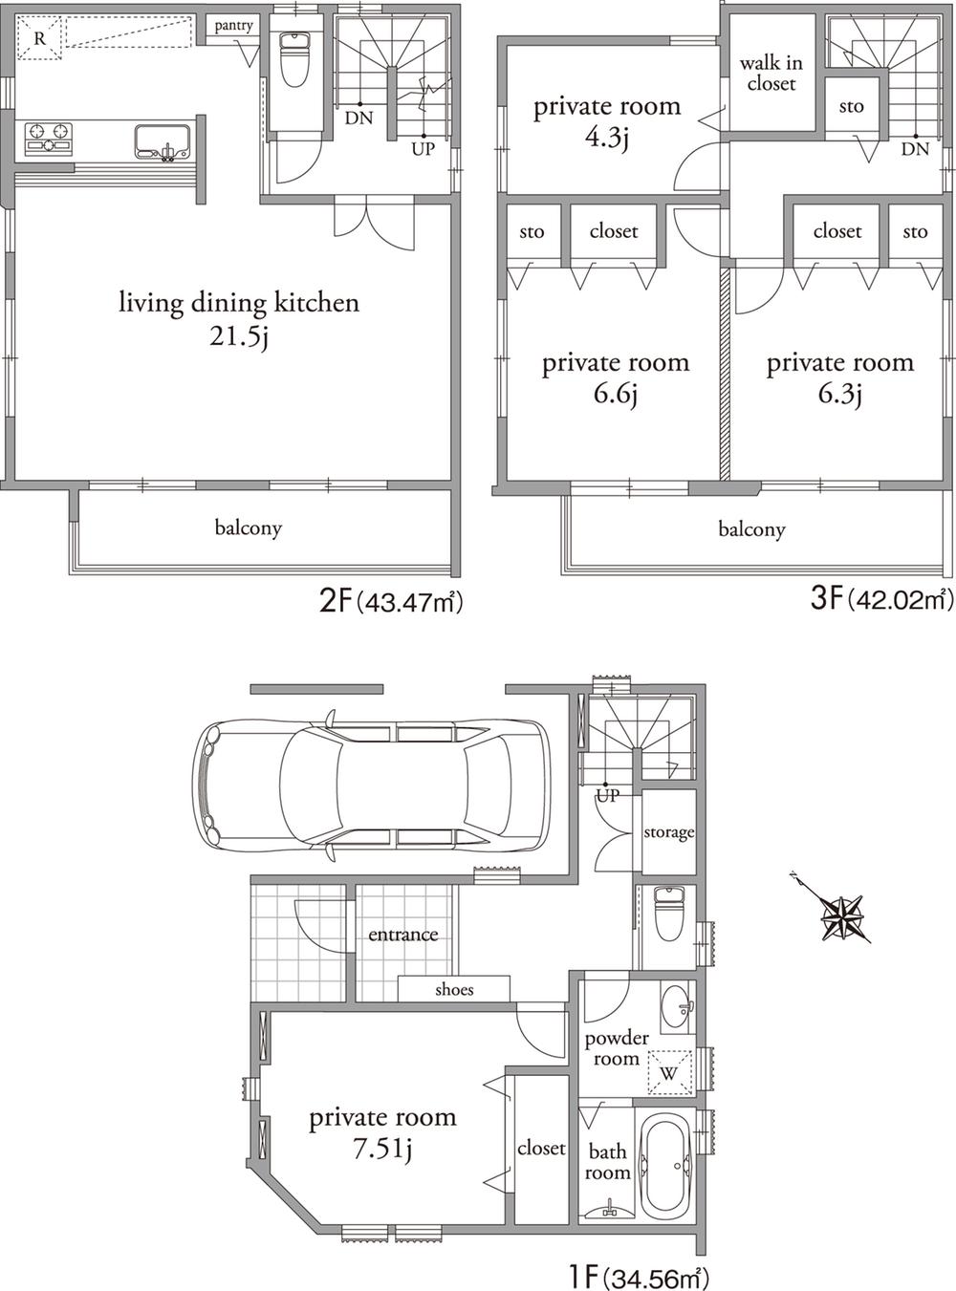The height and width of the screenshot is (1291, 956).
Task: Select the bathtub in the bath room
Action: coord(665,1165)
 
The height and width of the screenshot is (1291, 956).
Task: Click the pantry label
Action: coord(233,25)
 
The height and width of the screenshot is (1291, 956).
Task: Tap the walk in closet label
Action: coord(771,74)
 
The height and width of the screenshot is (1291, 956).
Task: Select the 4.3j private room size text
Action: coord(607,138)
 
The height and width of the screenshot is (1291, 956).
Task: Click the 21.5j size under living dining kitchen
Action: coord(238,335)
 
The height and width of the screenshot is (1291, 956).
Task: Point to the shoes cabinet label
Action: coord(454,989)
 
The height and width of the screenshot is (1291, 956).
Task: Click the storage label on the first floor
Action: coord(668,832)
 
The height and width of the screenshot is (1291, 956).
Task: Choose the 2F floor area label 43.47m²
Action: coord(391,601)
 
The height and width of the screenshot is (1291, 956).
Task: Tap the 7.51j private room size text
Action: coord(381,1149)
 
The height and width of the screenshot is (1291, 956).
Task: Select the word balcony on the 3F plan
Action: coord(751,529)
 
